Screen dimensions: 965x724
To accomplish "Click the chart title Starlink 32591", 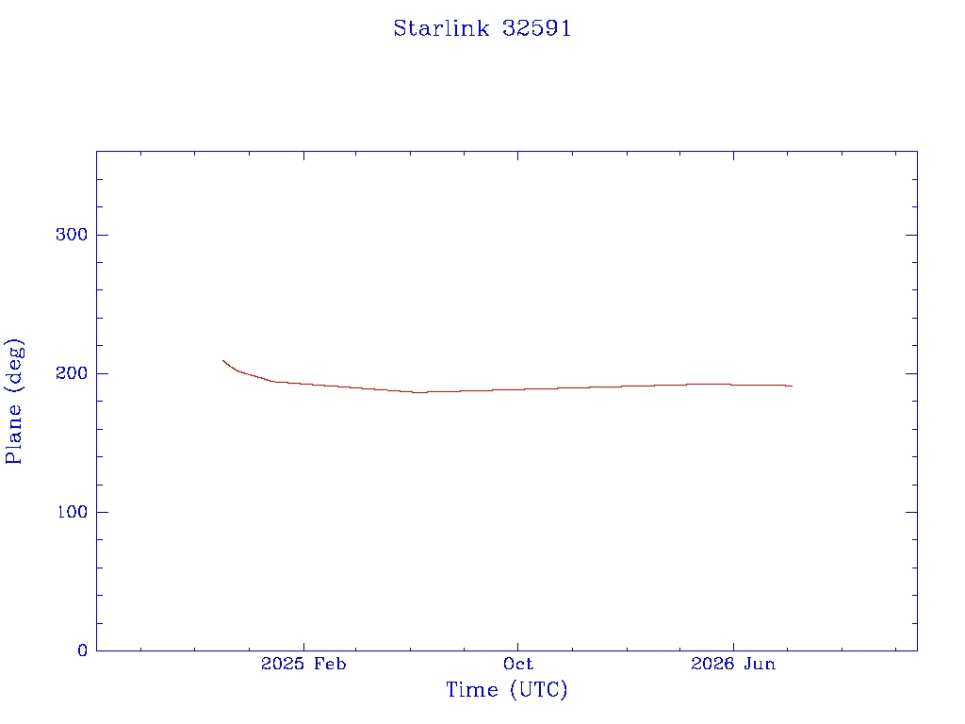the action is (x=482, y=28).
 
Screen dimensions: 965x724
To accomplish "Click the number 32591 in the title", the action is (x=536, y=28).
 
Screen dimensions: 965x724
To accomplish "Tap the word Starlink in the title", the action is (x=441, y=28).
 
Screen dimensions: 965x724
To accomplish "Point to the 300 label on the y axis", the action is (x=72, y=235).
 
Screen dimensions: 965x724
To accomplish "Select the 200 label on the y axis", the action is (x=72, y=373).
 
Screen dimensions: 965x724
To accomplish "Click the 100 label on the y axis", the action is (x=72, y=512).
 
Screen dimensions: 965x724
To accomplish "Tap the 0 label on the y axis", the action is (x=83, y=650).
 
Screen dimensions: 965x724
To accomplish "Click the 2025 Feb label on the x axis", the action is (x=303, y=664).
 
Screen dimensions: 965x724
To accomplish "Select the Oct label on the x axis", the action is (x=517, y=664).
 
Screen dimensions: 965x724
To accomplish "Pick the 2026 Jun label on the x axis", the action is (x=733, y=664).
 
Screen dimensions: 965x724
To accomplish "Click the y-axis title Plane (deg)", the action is (x=14, y=402).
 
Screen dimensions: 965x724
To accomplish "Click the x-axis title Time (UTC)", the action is (x=506, y=690).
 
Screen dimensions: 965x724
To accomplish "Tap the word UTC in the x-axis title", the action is (x=538, y=690).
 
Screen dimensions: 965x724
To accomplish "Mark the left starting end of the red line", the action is (x=222, y=360).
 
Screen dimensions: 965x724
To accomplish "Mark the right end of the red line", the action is (x=792, y=386).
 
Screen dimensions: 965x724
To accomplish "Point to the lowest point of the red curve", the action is (x=419, y=392).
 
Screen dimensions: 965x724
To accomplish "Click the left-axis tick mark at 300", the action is (x=102, y=235).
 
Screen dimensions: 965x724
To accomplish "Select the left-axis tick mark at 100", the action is (x=102, y=512).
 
